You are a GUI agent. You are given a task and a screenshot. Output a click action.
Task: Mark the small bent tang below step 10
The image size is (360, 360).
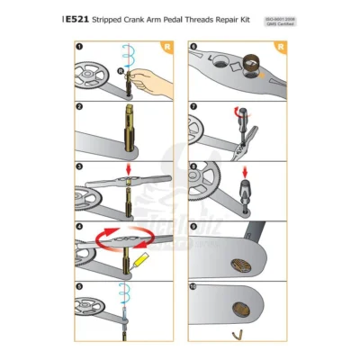237,336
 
